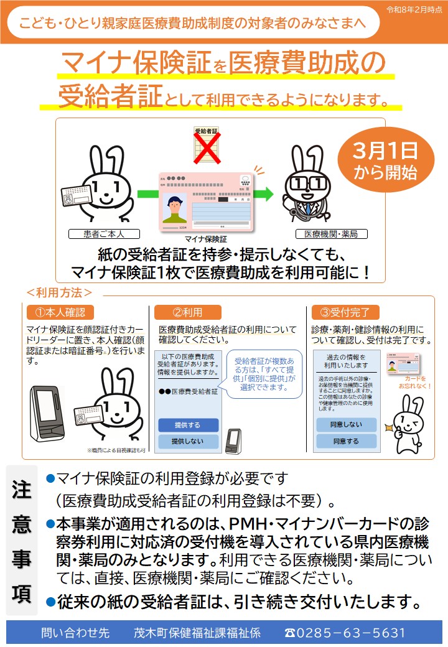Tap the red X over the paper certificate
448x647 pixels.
coord(207,147)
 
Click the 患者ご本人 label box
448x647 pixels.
coord(104,234)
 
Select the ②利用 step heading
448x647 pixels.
coord(187,312)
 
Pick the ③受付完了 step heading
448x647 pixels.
coord(345,312)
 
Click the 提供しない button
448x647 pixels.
coord(188,442)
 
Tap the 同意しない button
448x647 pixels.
coord(346,424)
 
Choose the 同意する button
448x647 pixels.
coord(346,441)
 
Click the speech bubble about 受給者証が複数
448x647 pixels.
coord(264,374)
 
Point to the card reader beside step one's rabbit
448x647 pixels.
coord(49,412)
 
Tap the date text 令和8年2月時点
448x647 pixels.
coord(414,10)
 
